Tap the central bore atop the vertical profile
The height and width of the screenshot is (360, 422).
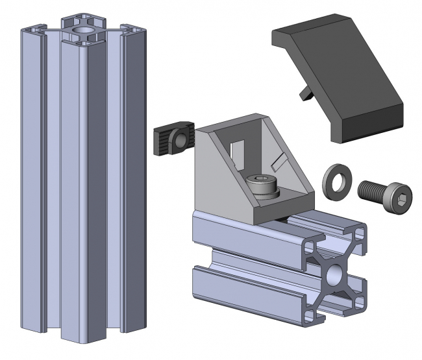tap(82, 30)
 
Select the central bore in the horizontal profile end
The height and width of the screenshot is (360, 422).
tap(336, 274)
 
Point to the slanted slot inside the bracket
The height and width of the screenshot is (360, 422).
tap(280, 159)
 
